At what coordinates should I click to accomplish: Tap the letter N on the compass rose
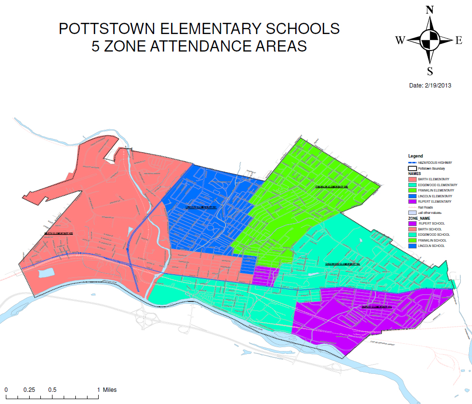[x=430, y=10]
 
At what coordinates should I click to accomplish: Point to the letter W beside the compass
[x=401, y=41]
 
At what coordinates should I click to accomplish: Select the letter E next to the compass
[x=458, y=41]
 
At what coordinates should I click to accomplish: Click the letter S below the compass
[x=430, y=71]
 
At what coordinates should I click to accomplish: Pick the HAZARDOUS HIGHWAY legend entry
[x=435, y=162]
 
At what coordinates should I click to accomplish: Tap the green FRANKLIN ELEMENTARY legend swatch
[x=412, y=190]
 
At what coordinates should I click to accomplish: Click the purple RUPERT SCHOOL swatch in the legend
[x=412, y=224]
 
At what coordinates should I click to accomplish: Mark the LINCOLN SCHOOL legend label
[x=431, y=246]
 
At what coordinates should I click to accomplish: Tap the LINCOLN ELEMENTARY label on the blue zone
[x=201, y=207]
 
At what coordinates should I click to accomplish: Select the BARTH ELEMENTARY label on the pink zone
[x=58, y=233]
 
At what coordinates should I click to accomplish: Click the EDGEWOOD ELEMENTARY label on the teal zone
[x=342, y=264]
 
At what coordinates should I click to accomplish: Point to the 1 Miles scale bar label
[x=107, y=389]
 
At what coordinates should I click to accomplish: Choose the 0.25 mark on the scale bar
[x=30, y=389]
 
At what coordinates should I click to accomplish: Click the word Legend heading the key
[x=416, y=156]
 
